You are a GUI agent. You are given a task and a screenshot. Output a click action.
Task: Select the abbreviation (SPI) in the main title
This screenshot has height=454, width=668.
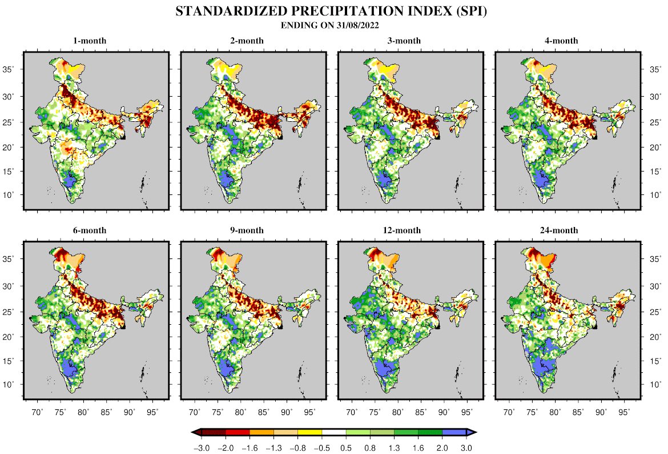coord(468,12)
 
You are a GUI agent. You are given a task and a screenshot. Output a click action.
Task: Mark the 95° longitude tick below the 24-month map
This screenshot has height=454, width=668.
coord(624,412)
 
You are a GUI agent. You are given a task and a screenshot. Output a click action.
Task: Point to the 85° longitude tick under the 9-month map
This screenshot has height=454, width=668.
coord(263,412)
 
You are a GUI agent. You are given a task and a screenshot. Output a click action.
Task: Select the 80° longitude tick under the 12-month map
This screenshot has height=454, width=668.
coord(398,412)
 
